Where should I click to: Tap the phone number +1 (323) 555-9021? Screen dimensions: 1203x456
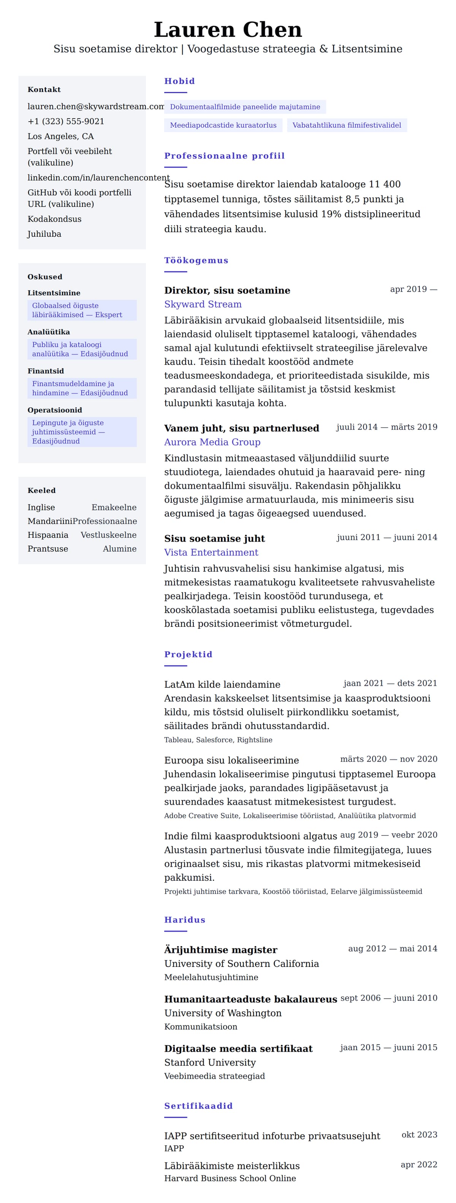[66, 121]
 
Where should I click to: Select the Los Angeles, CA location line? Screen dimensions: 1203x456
[61, 136]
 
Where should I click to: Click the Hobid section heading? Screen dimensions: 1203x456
[179, 81]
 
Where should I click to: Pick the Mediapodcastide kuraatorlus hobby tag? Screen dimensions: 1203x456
[223, 125]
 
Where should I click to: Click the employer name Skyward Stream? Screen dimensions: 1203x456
[203, 304]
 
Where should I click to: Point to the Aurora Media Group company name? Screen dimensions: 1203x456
[212, 442]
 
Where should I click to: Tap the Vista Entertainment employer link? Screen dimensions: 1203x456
[211, 552]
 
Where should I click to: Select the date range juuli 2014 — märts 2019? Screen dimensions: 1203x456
[386, 427]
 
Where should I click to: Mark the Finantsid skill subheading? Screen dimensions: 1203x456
[46, 371]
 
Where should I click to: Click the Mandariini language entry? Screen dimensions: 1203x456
[50, 521]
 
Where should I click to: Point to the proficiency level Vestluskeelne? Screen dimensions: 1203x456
[108, 535]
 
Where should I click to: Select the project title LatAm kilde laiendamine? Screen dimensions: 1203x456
[222, 684]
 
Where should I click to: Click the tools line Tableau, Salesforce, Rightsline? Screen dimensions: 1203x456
[218, 740]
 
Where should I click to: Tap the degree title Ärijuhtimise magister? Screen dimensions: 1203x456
[220, 949]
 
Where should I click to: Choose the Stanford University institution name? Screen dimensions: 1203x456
[209, 1062]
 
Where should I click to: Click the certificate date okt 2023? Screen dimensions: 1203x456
[419, 1134]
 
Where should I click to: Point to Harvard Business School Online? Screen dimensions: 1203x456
[230, 1178]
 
